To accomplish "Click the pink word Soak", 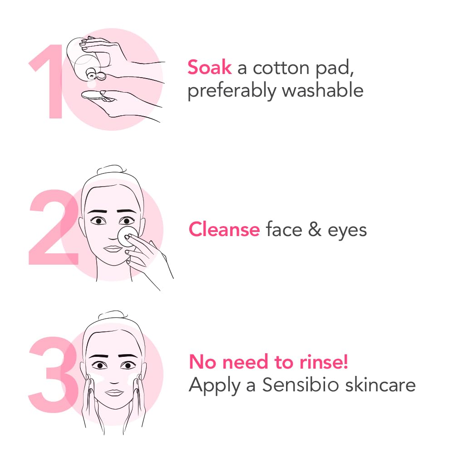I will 209,68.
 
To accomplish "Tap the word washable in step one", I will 322,90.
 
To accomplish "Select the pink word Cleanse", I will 224,229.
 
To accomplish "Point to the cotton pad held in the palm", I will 94,95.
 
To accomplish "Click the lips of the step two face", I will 112,249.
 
